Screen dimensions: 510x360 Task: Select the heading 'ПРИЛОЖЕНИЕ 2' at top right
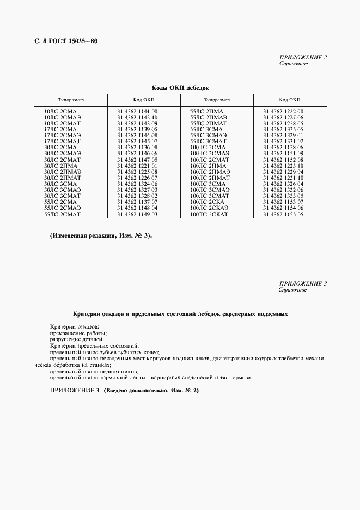click(x=303, y=58)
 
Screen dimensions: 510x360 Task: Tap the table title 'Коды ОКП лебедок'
click(x=180, y=87)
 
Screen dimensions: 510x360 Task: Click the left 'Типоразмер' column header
click(x=71, y=100)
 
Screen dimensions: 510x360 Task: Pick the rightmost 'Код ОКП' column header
click(x=290, y=100)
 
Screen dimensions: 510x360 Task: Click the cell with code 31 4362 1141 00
click(x=137, y=112)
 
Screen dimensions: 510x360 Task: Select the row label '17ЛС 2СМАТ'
click(x=62, y=141)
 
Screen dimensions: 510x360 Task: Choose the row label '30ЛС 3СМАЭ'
click(x=62, y=189)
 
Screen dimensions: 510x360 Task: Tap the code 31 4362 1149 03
click(x=137, y=215)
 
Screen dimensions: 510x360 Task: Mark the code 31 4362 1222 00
click(x=283, y=112)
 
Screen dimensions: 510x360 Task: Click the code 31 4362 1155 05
click(x=283, y=215)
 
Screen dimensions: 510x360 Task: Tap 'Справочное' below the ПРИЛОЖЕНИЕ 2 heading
click(x=294, y=64)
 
